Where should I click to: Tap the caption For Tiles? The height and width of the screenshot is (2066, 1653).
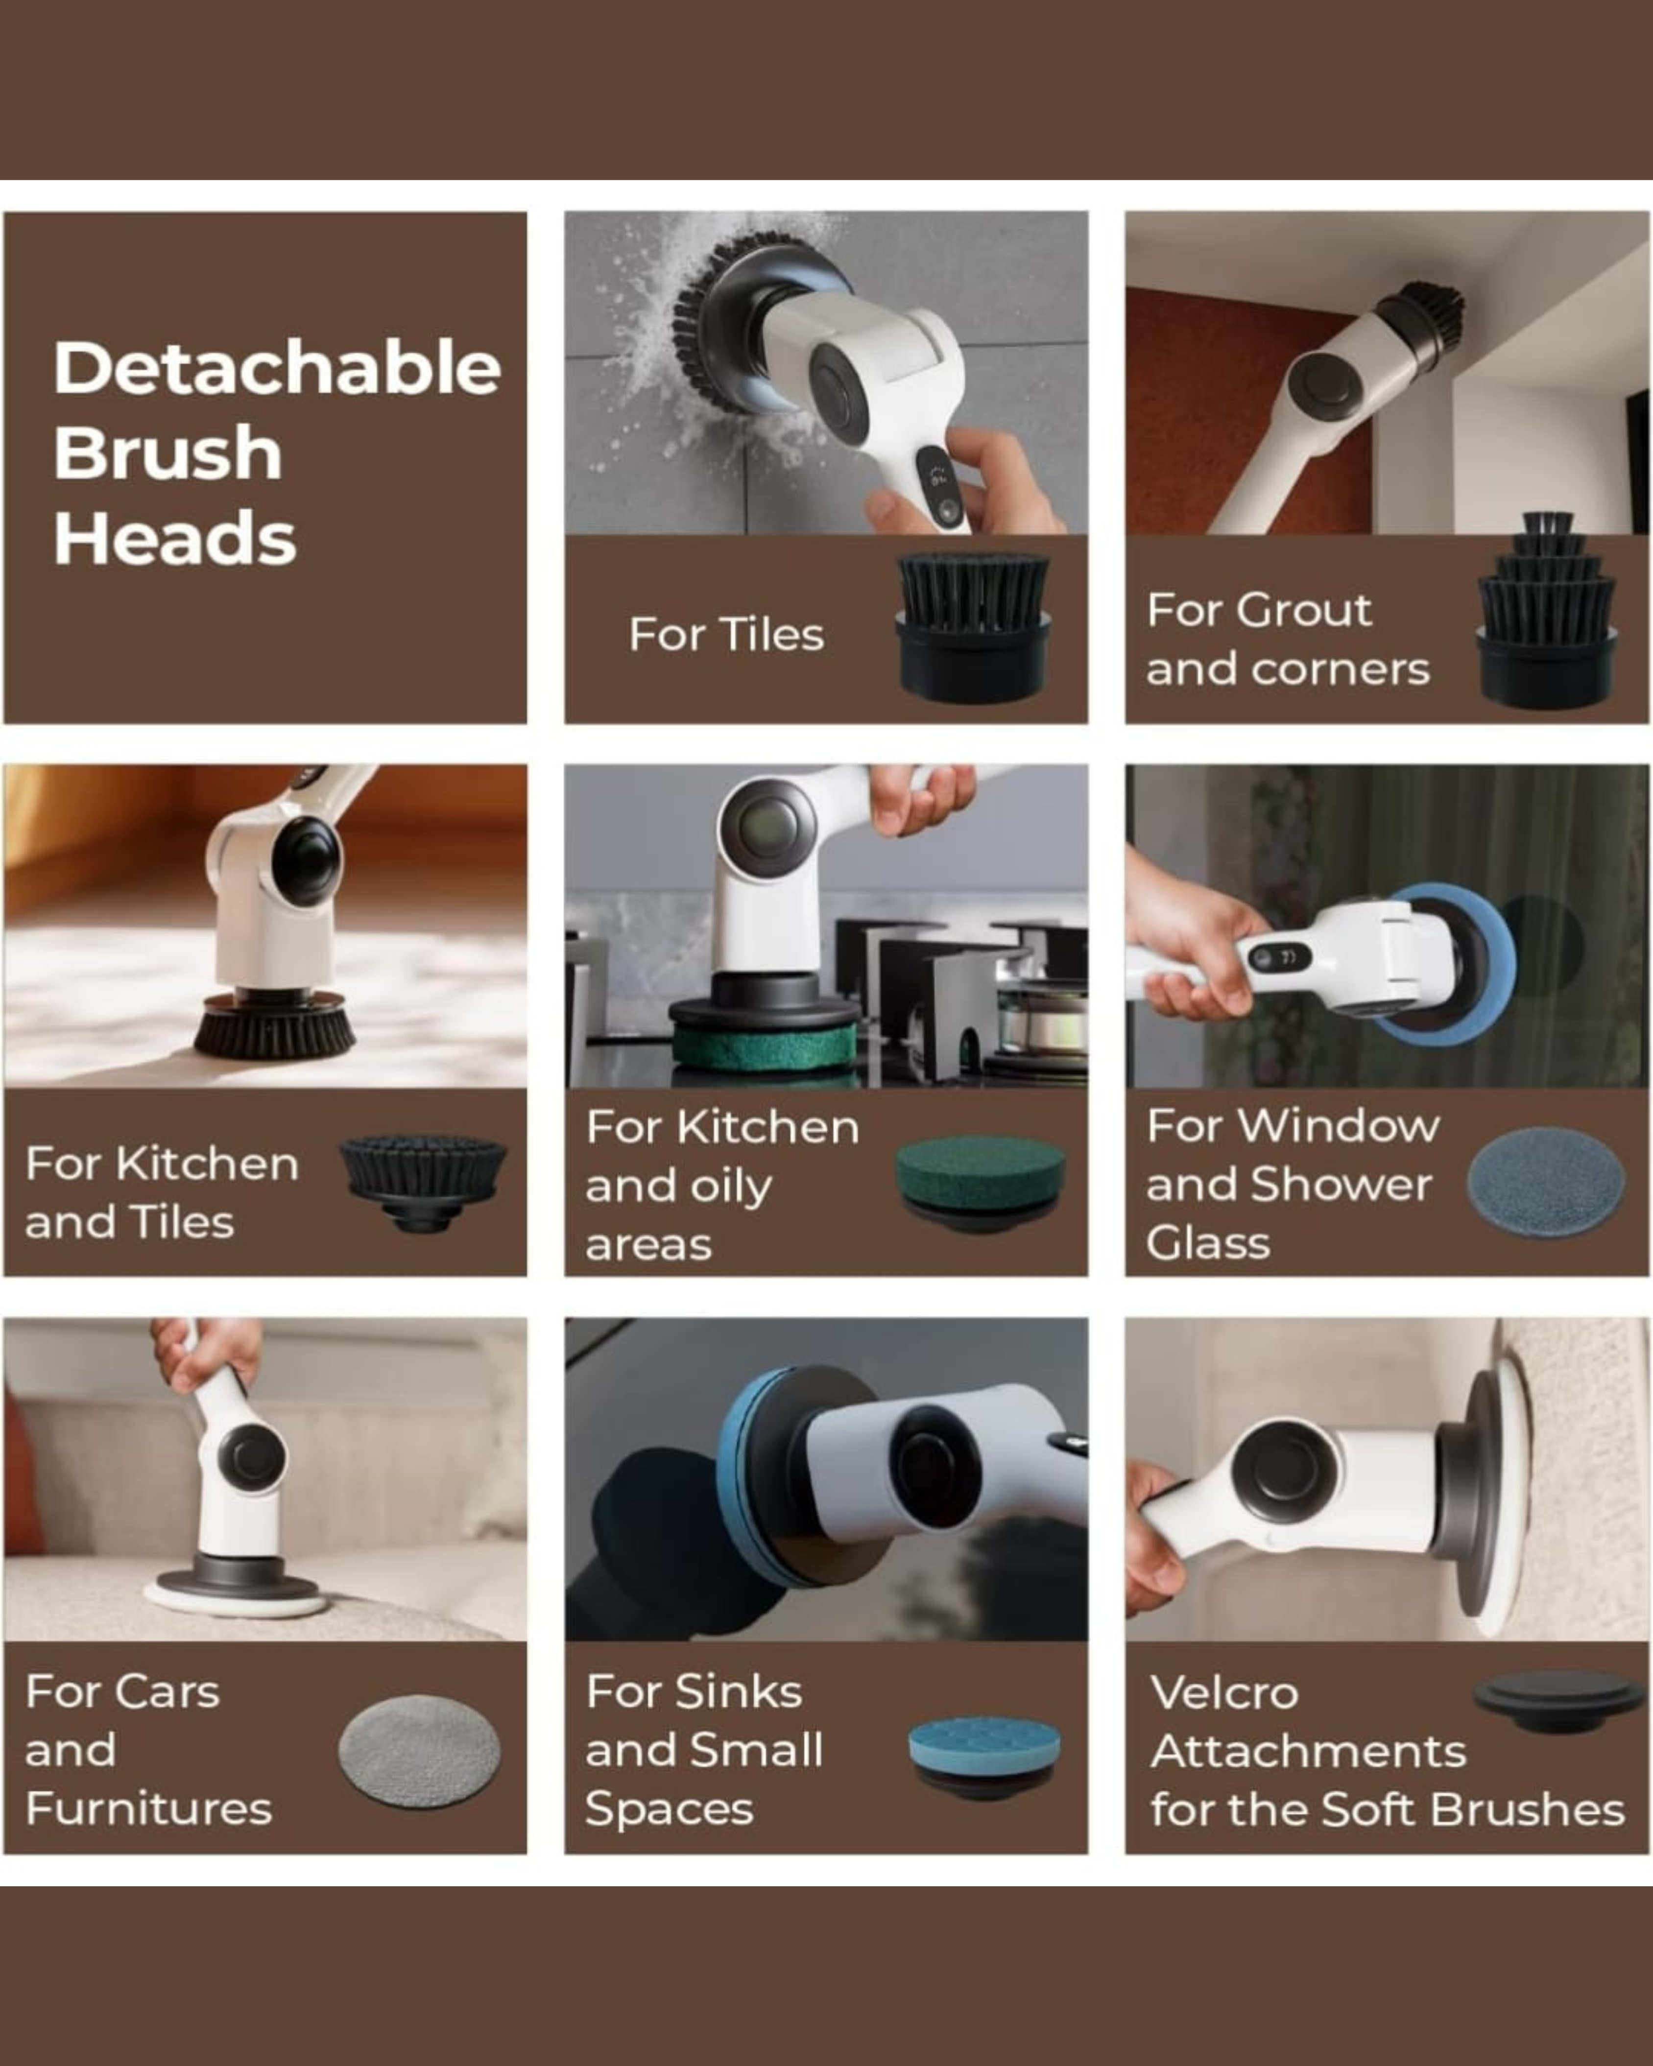click(725, 634)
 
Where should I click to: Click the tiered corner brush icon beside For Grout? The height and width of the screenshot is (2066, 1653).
click(1547, 613)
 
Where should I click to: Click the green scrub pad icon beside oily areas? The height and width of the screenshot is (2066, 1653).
click(980, 1181)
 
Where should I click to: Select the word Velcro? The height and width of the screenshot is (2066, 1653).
click(1224, 1692)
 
